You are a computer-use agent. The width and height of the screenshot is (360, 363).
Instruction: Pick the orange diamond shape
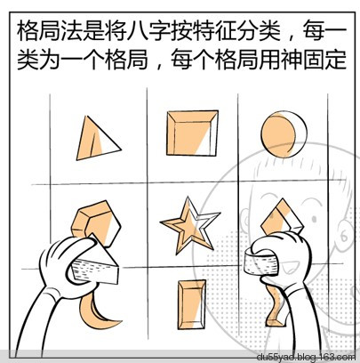click(x=283, y=219)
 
